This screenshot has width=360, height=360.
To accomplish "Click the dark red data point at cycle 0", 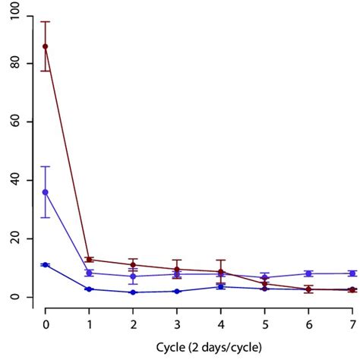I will [x=46, y=46].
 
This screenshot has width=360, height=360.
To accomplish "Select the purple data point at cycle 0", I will [x=46, y=192].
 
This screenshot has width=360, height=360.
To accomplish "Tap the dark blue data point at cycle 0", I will [x=46, y=265].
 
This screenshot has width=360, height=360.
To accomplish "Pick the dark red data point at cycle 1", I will [x=89, y=260].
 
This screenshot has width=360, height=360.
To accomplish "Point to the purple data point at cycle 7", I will [x=352, y=273].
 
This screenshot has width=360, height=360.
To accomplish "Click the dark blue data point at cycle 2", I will [x=133, y=292].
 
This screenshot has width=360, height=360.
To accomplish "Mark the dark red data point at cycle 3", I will [x=177, y=269].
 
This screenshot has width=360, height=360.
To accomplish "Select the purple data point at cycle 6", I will [x=308, y=273].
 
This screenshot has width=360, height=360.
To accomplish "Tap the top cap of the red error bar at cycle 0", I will [x=46, y=21].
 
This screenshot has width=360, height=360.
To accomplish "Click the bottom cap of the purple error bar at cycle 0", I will [x=46, y=218].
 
